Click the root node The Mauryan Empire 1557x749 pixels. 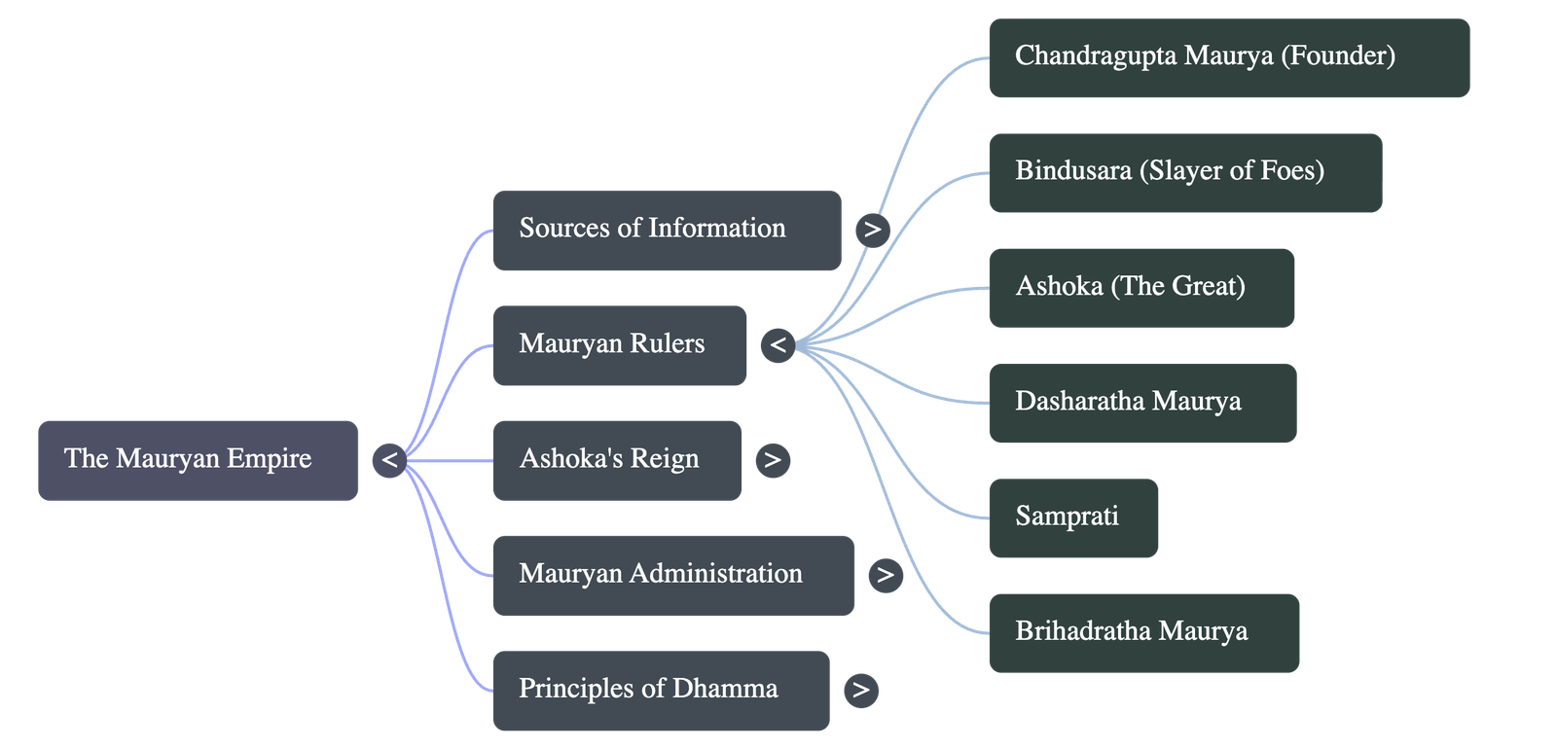(199, 460)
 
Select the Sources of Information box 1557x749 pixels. (667, 231)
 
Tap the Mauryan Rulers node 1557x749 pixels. (620, 345)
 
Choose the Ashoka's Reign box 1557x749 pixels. (617, 460)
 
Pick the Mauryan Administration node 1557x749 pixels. (673, 575)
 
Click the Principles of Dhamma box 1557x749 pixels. (661, 690)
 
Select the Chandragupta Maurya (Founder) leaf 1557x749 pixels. (1229, 57)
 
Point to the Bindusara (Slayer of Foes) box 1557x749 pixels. (1185, 172)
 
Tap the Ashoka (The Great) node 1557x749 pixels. (1141, 288)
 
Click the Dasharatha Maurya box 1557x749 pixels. (1142, 403)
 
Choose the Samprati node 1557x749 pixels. (1073, 517)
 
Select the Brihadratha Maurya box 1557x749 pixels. (1144, 632)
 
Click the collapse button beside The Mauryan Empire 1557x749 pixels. (389, 460)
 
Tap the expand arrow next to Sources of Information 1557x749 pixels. (872, 231)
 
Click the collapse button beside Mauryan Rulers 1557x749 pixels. (778, 345)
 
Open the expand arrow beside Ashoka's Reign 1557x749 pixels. (773, 460)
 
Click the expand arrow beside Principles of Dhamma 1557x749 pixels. (860, 691)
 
